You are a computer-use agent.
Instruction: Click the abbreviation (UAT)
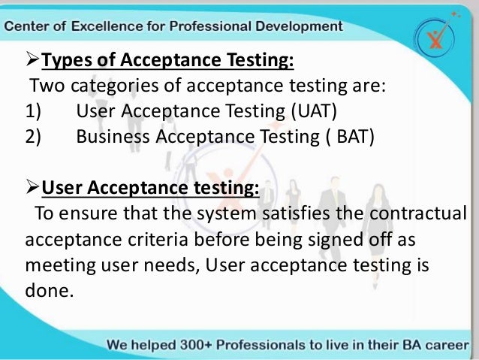[x=311, y=113]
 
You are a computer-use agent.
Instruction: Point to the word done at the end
[x=48, y=290]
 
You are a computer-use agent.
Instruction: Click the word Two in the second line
[x=44, y=86]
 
